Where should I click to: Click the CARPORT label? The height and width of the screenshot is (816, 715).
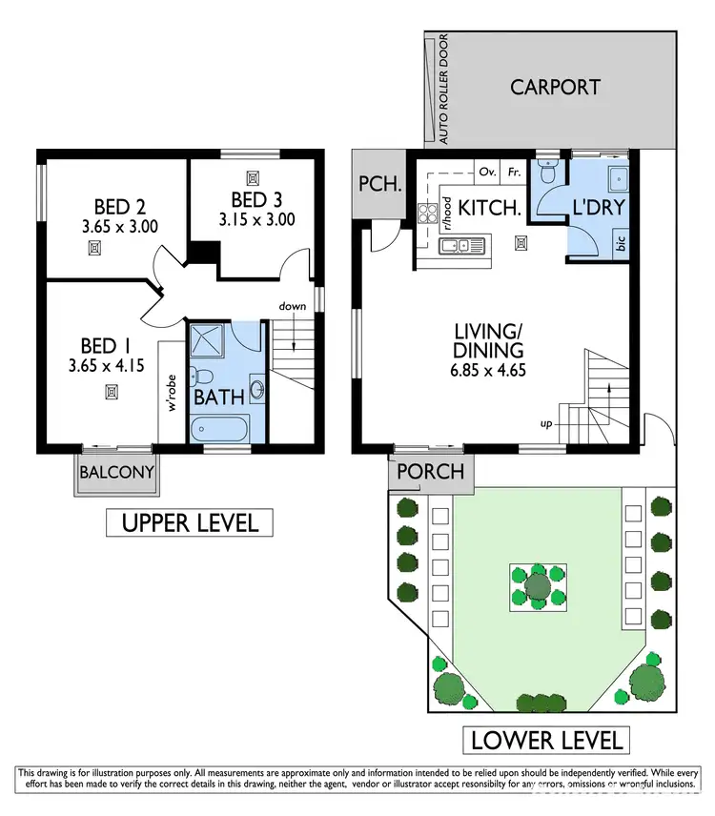555,87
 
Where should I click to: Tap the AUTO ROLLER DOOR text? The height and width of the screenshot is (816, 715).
443,91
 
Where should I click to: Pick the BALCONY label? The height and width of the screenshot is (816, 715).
116,472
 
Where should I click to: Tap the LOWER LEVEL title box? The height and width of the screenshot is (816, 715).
546,739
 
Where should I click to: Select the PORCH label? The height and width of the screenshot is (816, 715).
430,471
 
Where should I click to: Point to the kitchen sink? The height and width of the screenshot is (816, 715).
460,247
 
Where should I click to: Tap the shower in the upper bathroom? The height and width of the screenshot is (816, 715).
206,340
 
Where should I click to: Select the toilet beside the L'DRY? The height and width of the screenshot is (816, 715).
546,171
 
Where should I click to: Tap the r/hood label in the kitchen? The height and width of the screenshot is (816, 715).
445,214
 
